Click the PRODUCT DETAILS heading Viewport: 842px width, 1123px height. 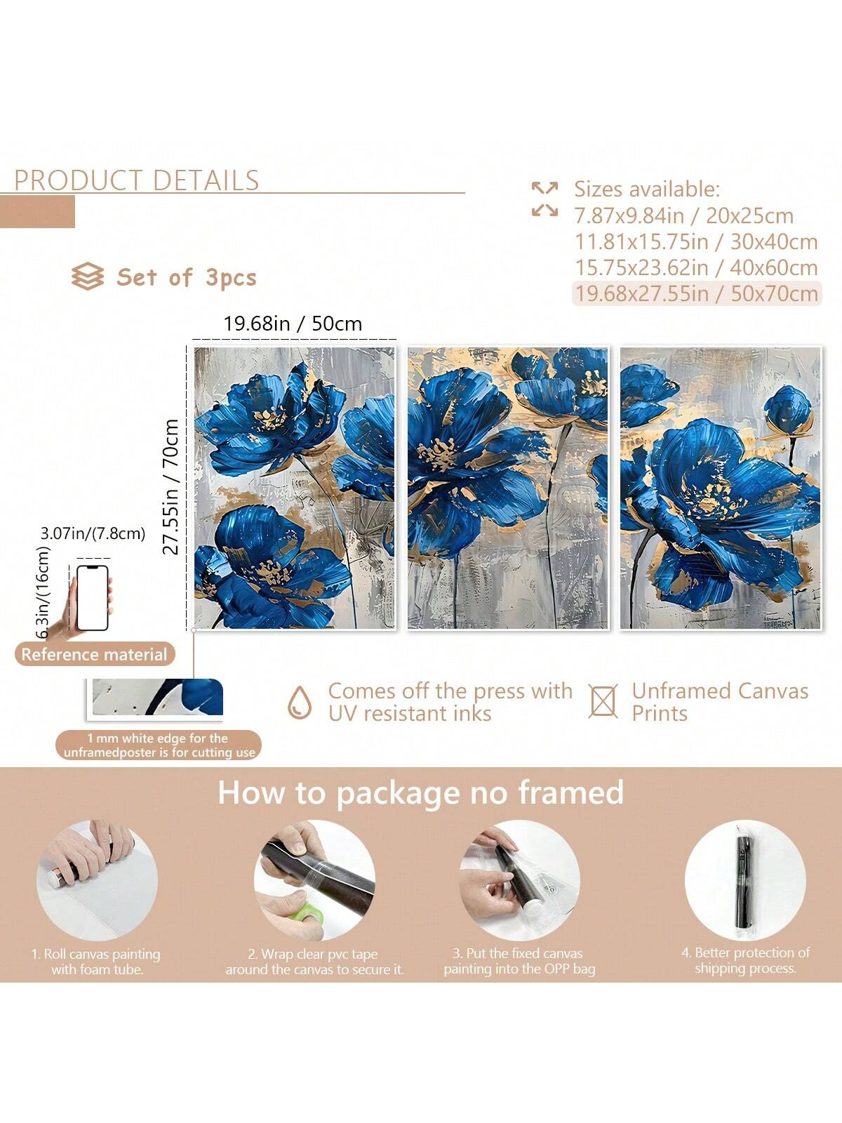[137, 180]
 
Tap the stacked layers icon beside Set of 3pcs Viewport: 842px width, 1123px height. [88, 277]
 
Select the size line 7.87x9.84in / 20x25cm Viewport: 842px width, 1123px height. [683, 216]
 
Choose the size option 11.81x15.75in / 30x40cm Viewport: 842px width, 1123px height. [696, 241]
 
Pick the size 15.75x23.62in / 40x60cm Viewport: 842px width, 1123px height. [696, 267]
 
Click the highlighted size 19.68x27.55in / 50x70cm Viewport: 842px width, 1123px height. [697, 293]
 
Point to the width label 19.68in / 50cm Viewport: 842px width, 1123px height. [293, 324]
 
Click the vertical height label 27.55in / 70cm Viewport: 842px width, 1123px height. [171, 486]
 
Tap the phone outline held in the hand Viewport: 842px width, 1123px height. [93, 597]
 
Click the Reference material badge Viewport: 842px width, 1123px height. [95, 654]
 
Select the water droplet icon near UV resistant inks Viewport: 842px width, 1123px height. [299, 703]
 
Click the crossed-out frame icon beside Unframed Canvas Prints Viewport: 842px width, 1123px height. [603, 701]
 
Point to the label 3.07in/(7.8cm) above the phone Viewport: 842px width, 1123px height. [93, 533]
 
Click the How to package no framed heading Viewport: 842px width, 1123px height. [421, 793]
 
